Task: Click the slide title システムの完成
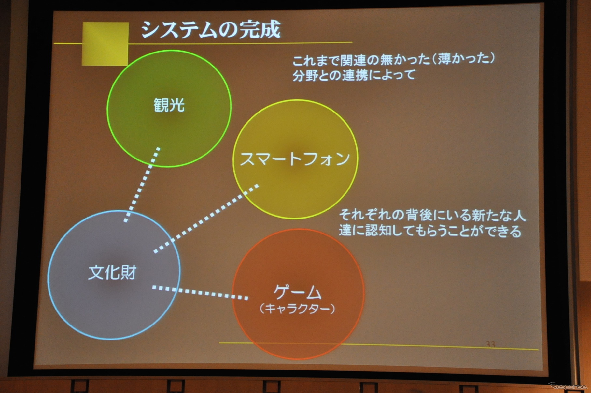click(211, 30)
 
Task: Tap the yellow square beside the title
click(106, 43)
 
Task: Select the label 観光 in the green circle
click(169, 105)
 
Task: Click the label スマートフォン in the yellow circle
click(295, 159)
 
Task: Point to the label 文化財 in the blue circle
click(112, 272)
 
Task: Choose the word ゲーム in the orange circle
click(298, 292)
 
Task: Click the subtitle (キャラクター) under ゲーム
click(297, 308)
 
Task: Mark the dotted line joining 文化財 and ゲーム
click(200, 293)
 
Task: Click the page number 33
click(490, 344)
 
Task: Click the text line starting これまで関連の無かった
click(394, 60)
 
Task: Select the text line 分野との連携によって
click(354, 75)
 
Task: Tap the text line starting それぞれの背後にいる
click(432, 215)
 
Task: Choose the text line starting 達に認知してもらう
click(430, 231)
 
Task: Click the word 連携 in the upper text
click(354, 75)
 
